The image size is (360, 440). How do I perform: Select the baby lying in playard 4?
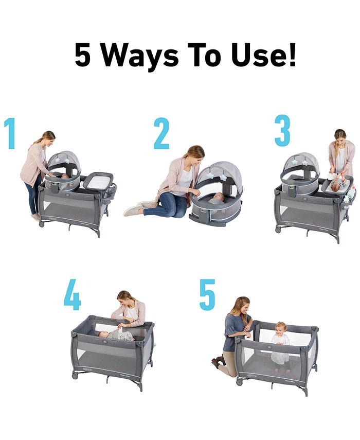point(114,335)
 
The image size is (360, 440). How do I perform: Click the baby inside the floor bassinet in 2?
point(216,198)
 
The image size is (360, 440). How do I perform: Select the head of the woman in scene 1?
point(48,138)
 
